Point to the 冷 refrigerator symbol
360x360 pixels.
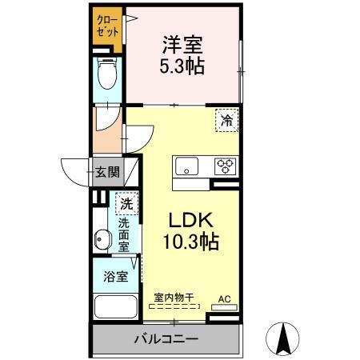coord(226,121)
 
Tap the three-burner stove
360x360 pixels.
coord(224,166)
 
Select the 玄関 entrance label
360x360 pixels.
coord(107,170)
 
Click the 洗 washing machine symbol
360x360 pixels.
coord(126,204)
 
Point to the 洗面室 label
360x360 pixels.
coord(126,236)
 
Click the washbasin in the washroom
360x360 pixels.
coord(102,238)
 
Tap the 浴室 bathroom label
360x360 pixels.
coord(114,277)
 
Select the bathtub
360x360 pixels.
coord(114,307)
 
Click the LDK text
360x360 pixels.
coord(186,218)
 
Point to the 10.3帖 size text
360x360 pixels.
coord(186,239)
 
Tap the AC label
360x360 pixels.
coord(225,300)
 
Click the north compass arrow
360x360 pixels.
coord(283,337)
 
